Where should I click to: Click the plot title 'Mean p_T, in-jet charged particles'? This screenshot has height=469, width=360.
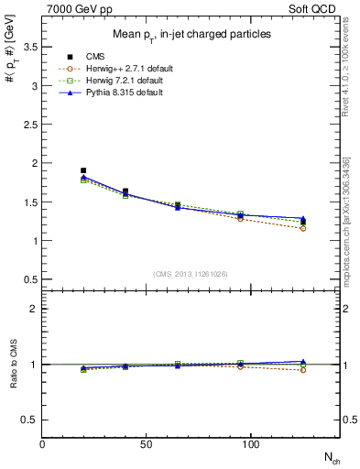(191, 35)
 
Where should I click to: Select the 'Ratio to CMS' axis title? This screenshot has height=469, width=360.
(12, 365)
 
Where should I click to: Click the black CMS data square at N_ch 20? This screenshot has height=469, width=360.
(83, 170)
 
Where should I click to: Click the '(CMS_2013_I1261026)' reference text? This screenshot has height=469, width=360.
(191, 274)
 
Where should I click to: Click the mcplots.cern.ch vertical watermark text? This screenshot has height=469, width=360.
(347, 220)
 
